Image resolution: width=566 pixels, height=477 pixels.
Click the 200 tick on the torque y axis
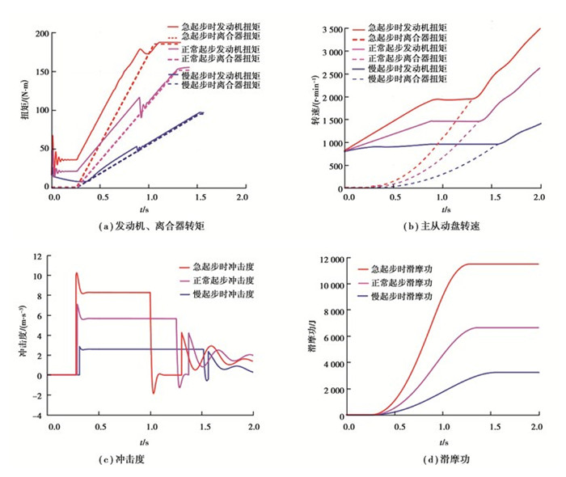(37, 34)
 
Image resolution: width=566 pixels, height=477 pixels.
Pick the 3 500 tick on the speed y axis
(329, 29)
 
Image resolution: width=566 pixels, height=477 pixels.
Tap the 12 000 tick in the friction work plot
(327, 259)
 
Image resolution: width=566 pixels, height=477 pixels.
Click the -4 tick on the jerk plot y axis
(36, 416)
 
